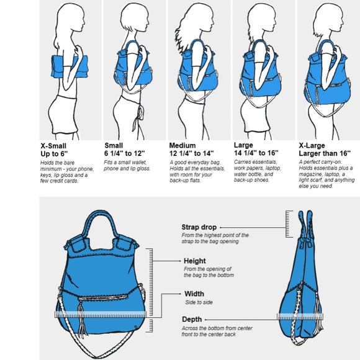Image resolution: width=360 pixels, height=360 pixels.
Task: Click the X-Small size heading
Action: [x=53, y=146]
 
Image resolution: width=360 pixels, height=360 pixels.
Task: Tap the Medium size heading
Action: [x=182, y=146]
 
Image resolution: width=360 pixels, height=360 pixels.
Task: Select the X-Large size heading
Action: [x=312, y=146]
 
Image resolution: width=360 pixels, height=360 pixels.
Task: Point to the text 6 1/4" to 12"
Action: [x=125, y=153]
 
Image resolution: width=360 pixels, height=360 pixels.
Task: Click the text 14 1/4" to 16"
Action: [x=256, y=153]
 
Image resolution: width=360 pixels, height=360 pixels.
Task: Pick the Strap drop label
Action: [x=199, y=227]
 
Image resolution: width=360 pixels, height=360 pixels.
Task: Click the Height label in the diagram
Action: [x=195, y=261]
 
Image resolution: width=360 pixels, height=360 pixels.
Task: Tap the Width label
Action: [x=194, y=294]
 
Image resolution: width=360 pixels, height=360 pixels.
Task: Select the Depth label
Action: [x=192, y=320]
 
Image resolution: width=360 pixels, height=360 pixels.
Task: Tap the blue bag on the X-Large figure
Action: [x=328, y=76]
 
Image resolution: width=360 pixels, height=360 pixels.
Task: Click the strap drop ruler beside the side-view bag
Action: [x=289, y=224]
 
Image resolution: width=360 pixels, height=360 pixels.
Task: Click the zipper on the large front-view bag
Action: [x=103, y=297]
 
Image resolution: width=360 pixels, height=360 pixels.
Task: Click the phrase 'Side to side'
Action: [x=199, y=302]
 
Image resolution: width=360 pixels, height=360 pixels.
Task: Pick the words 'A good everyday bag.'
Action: [x=195, y=163]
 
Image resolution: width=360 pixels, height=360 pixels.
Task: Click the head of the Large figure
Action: [x=262, y=19]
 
